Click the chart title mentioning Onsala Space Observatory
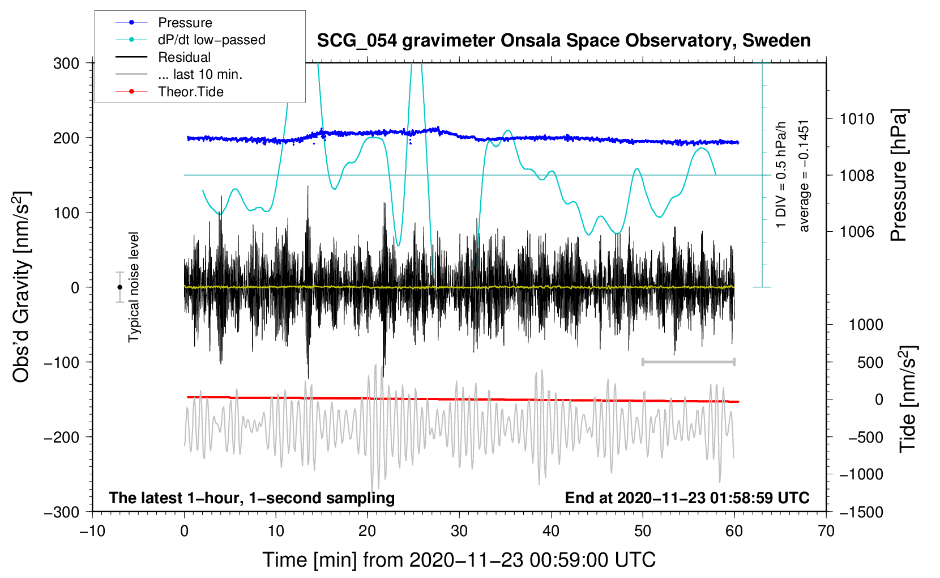pyautogui.click(x=563, y=41)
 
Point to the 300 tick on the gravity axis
pyautogui.click(x=66, y=63)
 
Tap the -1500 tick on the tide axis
pyautogui.click(x=861, y=512)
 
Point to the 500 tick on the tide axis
pyautogui.click(x=870, y=362)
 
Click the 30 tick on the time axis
pyautogui.click(x=459, y=531)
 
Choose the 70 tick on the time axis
pyautogui.click(x=826, y=531)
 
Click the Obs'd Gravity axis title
pyautogui.click(x=21, y=287)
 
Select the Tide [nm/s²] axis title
pyautogui.click(x=908, y=399)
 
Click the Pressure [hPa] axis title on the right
pyautogui.click(x=899, y=175)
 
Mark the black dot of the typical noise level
pyautogui.click(x=119, y=287)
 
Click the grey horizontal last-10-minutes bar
pyautogui.click(x=688, y=362)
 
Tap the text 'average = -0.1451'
pyautogui.click(x=804, y=176)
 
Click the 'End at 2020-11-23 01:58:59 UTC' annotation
pyautogui.click(x=687, y=498)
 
